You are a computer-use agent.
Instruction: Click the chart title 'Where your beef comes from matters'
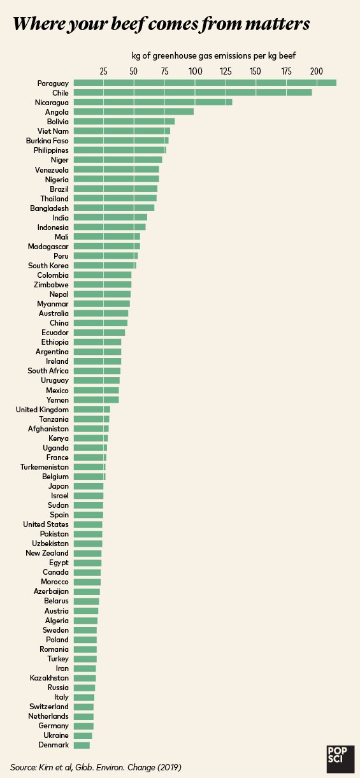[161, 24]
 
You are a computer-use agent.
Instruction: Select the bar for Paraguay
[205, 83]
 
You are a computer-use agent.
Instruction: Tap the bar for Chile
[192, 92]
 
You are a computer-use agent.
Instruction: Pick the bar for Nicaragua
[153, 102]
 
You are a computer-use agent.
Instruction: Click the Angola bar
[133, 112]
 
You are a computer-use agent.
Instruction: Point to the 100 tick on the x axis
[194, 71]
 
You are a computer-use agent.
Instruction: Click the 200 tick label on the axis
[316, 71]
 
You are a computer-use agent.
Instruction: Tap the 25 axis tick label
[104, 71]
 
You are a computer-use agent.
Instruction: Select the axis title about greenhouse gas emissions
[213, 55]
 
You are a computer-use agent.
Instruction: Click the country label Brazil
[59, 189]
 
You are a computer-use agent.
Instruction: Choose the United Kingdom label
[42, 409]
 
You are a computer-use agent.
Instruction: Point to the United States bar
[88, 524]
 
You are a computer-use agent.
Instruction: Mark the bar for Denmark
[82, 745]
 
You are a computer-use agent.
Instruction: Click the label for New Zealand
[47, 553]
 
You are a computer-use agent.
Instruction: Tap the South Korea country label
[48, 265]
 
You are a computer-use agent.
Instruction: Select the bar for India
[110, 217]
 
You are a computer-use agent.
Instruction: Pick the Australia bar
[101, 313]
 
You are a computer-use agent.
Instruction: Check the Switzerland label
[49, 707]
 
